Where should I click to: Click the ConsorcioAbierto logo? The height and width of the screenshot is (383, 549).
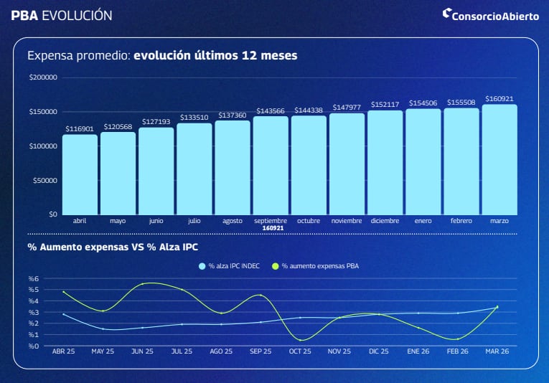(489, 14)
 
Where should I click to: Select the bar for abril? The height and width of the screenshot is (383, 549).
(80, 174)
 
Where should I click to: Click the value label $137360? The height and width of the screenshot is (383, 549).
(233, 115)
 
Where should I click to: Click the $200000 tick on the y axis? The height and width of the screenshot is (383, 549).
(42, 77)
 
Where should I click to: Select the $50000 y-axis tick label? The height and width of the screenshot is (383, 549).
(44, 180)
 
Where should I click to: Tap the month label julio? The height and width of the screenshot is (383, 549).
(194, 221)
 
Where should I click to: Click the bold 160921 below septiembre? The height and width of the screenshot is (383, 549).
(271, 228)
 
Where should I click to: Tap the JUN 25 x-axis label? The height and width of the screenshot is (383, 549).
(142, 352)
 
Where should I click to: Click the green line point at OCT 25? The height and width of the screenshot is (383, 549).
(300, 340)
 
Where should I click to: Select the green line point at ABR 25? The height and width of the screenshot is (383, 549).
(64, 292)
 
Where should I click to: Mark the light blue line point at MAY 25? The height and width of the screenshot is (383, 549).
(103, 328)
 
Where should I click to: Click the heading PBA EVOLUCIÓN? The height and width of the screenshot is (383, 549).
(62, 14)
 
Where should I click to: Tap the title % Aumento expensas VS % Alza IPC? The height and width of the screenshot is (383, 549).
(113, 247)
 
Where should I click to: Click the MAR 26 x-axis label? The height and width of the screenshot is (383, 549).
(497, 352)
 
